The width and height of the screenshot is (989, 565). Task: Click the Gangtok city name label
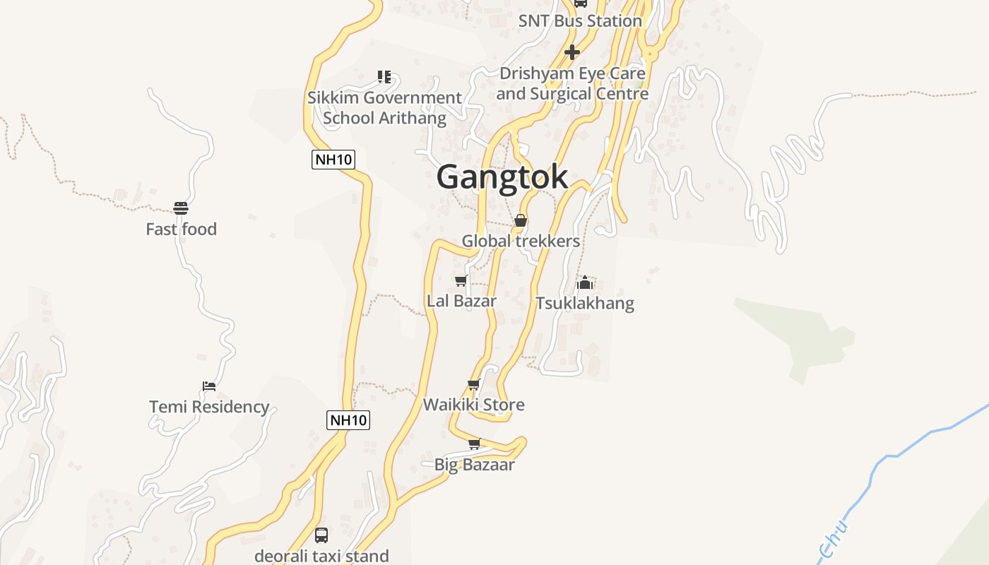coord(502,177)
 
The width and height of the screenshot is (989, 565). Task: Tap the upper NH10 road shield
coord(333,159)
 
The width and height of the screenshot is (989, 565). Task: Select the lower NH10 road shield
coord(349,420)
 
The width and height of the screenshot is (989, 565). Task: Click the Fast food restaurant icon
coord(181,208)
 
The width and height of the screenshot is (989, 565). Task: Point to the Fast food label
coord(181,230)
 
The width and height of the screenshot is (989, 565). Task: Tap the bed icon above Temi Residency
coord(209,386)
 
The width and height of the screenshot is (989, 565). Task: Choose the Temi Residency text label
coord(209,407)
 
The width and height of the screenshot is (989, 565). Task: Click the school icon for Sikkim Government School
coord(384,76)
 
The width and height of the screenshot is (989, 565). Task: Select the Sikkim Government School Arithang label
coord(384,108)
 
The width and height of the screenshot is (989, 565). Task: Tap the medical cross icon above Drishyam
coord(572,52)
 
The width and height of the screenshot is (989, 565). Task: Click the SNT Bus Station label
coord(580,21)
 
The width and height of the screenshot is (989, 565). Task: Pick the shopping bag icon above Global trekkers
coord(521,220)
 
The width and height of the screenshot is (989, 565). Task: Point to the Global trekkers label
coord(521,241)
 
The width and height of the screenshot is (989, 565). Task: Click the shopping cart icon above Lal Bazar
coord(461,281)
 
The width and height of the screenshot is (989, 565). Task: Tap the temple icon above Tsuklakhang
coord(585,283)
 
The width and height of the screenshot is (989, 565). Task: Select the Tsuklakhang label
coord(585,304)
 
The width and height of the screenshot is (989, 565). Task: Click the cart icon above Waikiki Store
coord(474,385)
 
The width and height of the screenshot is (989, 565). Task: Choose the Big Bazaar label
coord(474,465)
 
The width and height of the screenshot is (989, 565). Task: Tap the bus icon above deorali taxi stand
coord(321,535)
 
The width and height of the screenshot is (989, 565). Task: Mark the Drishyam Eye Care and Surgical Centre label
coord(572,83)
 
